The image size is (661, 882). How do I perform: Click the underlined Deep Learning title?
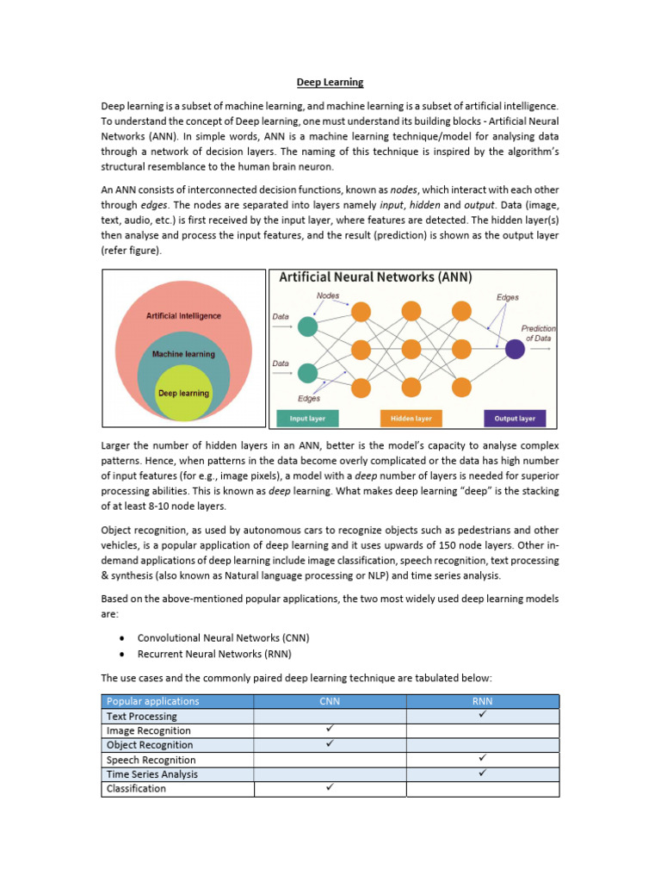click(x=330, y=83)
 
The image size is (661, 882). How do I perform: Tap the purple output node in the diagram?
click(x=515, y=349)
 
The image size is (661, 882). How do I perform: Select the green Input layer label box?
click(x=307, y=419)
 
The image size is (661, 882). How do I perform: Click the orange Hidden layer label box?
click(x=411, y=419)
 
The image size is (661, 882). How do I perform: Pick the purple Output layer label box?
click(x=515, y=419)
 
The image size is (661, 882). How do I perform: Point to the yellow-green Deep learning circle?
click(x=183, y=394)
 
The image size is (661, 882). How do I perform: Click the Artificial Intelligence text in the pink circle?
click(x=183, y=316)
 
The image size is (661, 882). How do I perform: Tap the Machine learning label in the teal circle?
click(x=183, y=354)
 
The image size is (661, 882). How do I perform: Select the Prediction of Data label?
click(x=538, y=333)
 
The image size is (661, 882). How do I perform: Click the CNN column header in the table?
click(x=330, y=701)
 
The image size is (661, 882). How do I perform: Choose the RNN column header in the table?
click(x=482, y=701)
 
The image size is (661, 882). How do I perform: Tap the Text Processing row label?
click(x=141, y=716)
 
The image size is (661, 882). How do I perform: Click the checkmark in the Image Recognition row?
click(x=330, y=730)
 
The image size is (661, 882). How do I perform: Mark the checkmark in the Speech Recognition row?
click(x=482, y=759)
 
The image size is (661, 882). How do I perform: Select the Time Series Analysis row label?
click(x=151, y=773)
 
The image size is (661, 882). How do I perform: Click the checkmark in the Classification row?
click(x=330, y=787)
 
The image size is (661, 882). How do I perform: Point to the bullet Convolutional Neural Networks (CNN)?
click(x=223, y=638)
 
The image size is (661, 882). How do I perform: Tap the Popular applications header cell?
click(x=152, y=701)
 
